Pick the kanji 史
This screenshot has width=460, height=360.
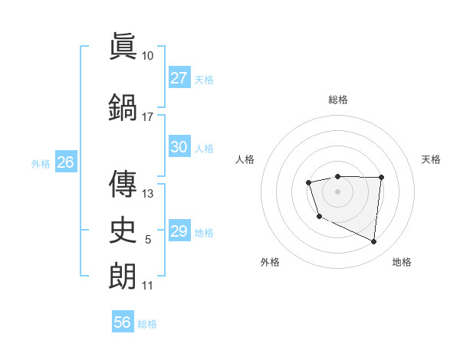[x=123, y=228]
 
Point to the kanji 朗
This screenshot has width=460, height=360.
[x=123, y=275]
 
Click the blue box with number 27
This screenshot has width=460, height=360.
[x=179, y=78]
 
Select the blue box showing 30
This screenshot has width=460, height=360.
[x=179, y=147]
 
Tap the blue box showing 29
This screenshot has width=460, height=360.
[x=179, y=231]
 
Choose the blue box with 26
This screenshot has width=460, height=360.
[x=65, y=162]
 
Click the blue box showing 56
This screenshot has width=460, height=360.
[x=122, y=322]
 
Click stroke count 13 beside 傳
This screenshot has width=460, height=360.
[x=148, y=193]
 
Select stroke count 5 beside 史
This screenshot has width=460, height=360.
[x=148, y=241]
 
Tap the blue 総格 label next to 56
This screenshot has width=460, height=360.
[x=147, y=324]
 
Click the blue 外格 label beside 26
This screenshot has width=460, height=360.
[x=41, y=163]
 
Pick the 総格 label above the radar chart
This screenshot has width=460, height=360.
[x=337, y=100]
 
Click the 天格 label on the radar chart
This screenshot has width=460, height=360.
[x=432, y=159]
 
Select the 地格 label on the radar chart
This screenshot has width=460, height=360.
[x=402, y=262]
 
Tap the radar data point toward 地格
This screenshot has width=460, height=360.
[x=374, y=242]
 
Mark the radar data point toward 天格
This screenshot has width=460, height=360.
[x=382, y=177]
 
